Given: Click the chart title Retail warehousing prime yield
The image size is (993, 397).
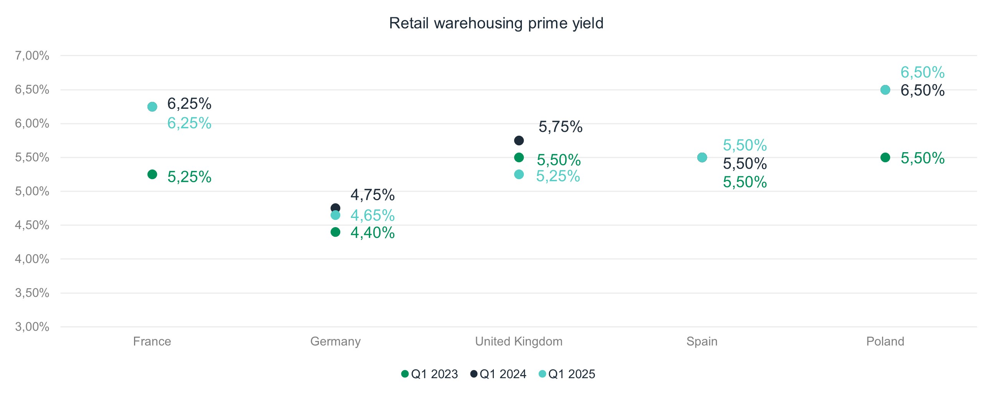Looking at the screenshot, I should [x=496, y=23].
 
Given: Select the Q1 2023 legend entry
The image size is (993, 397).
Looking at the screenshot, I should [x=429, y=374].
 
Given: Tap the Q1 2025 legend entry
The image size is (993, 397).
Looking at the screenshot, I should [x=567, y=374].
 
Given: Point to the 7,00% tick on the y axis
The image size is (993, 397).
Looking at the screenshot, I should [x=32, y=56].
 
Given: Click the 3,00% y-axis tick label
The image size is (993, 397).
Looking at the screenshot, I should [x=32, y=327].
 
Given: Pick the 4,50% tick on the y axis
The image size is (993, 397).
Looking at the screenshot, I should [x=32, y=225].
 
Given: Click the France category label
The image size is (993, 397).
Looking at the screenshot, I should [x=152, y=341].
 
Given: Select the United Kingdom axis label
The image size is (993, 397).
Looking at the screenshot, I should [x=518, y=341].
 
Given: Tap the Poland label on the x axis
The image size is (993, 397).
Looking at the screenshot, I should [x=885, y=341].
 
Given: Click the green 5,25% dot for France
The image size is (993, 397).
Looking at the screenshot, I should [x=152, y=174].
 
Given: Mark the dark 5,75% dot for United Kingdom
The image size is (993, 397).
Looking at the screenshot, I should [x=519, y=140].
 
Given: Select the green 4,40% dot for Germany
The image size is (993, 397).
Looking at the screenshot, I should [x=335, y=232].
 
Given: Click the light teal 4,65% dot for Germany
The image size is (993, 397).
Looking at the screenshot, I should [x=335, y=215].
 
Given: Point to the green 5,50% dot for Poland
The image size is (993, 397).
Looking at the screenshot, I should [x=885, y=158].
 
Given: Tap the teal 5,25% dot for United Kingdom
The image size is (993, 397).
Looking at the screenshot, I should [x=519, y=174].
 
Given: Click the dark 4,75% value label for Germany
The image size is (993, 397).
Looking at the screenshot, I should [x=372, y=195].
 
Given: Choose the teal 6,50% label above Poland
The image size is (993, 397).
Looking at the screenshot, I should [x=922, y=72].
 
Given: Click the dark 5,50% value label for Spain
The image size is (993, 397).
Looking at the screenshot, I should [x=745, y=164].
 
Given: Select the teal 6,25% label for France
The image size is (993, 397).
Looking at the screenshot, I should [x=189, y=123].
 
